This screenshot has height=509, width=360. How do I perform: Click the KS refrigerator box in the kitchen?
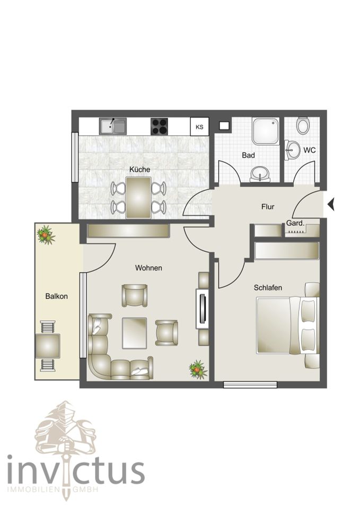click(x=199, y=127)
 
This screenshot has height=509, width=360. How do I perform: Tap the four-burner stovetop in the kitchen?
click(x=160, y=126)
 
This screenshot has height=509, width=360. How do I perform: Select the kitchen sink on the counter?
click(x=113, y=126)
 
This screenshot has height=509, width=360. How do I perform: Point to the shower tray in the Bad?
click(x=266, y=131)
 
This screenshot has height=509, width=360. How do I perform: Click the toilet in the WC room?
click(x=303, y=126)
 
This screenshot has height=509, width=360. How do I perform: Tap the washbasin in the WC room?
click(x=292, y=150)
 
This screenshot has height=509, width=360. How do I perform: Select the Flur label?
click(x=268, y=206)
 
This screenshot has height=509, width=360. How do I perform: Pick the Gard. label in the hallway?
click(x=295, y=223)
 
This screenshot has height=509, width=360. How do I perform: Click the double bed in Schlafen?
click(x=286, y=325)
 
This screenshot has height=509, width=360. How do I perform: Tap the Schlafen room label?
click(x=268, y=287)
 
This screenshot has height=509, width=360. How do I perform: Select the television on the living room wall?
click(x=201, y=308)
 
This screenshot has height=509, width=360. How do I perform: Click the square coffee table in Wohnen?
click(x=135, y=332)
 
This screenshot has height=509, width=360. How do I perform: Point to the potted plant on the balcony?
click(x=46, y=234)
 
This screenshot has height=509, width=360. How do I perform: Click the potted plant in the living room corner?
click(x=198, y=369)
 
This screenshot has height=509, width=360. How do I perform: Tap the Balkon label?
click(x=56, y=296)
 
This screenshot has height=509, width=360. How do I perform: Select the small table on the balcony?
click(x=47, y=347)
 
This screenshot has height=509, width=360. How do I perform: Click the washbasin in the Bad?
click(x=260, y=173)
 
